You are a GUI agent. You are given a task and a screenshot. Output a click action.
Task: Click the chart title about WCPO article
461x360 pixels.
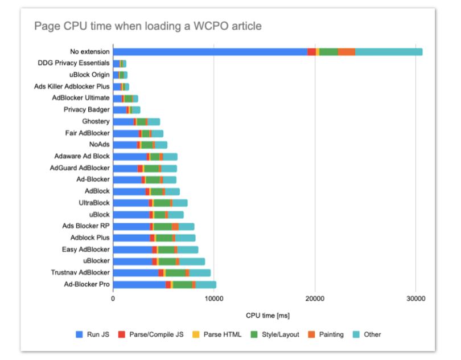coord(148,26)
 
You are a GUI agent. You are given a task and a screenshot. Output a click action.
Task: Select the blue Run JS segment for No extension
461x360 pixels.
coord(210,52)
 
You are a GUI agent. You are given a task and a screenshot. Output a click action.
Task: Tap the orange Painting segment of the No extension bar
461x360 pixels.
coord(347,52)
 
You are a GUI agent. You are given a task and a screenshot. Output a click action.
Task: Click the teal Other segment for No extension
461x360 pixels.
coord(389,52)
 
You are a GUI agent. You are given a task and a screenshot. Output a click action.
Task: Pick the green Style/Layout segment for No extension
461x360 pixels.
coord(328,52)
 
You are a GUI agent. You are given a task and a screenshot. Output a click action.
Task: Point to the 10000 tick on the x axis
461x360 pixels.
coord(214,298)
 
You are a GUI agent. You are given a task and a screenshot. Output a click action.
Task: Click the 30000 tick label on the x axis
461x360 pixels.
coord(415,298)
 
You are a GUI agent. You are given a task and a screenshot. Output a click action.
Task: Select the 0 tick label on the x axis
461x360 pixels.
coord(113,298)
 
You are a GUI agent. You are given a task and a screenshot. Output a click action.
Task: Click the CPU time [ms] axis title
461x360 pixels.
coord(267,316)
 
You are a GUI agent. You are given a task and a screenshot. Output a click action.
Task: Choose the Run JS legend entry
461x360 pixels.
coord(92,334)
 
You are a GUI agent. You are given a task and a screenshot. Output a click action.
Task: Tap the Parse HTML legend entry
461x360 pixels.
coord(217,334)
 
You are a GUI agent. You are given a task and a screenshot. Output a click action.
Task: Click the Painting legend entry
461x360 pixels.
coord(326,334)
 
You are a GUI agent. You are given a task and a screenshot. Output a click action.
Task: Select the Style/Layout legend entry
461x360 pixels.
coord(274,334)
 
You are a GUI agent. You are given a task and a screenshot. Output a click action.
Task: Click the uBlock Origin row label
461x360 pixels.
coord(89,75)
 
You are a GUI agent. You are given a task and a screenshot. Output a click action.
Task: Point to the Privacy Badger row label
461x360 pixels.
coord(87,109)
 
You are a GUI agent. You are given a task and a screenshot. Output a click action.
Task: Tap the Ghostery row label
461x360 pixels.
coord(96,121)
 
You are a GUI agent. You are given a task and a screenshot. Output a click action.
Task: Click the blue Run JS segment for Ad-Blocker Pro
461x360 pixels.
coord(139,285)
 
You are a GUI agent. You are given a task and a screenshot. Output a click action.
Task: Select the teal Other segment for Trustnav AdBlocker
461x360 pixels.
coord(200,273)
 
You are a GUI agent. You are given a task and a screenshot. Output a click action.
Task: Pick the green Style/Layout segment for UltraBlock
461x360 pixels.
coord(162,203)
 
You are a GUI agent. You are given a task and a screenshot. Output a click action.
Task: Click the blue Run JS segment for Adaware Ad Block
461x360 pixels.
coord(130,157)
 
